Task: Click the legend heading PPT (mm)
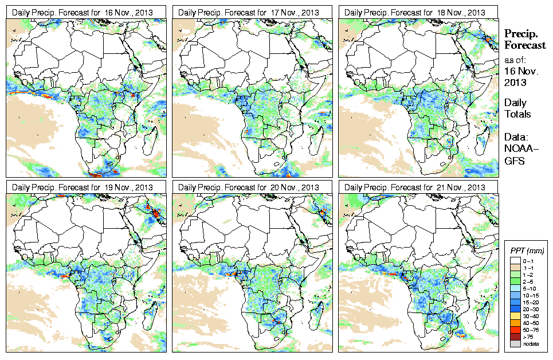(x=527, y=251)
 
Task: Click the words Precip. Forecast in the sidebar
(x=524, y=40)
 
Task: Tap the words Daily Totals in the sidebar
(x=517, y=108)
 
